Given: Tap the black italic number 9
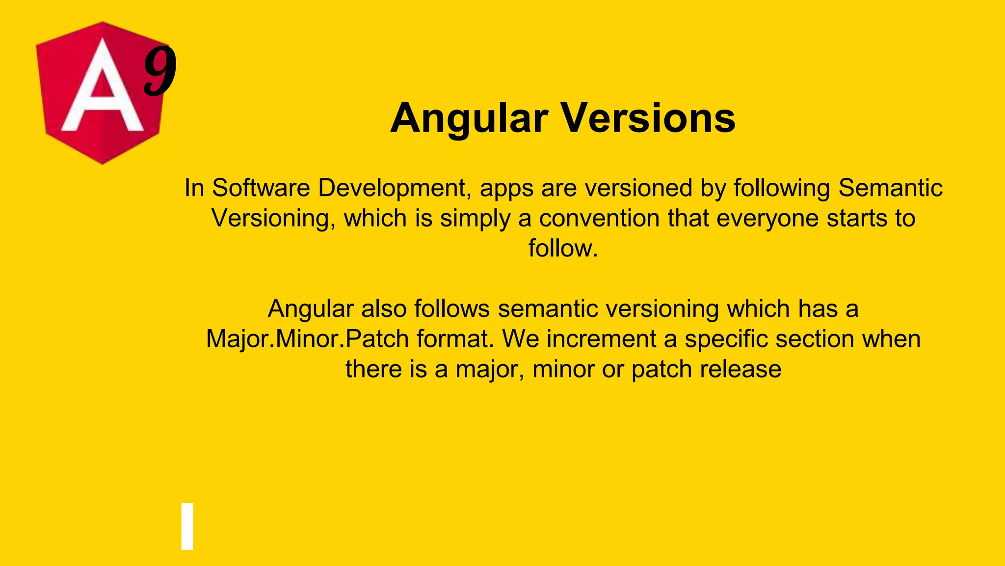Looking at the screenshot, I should [160, 70].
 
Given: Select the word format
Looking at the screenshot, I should [454, 339].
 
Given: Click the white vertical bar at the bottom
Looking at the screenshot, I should [187, 526].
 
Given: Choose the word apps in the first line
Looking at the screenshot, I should [506, 189].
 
